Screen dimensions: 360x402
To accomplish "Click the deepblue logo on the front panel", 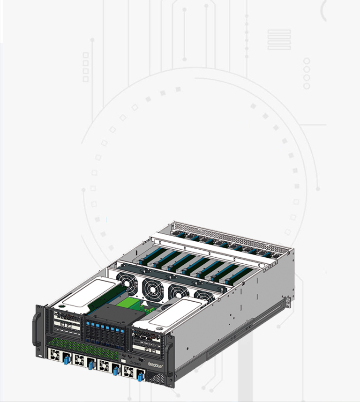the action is pyautogui.click(x=155, y=365).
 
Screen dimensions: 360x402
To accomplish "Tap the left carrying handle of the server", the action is pyautogui.click(x=37, y=329).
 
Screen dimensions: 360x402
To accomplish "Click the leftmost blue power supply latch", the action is pyautogui.click(x=67, y=359).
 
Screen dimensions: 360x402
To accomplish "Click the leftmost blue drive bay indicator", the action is pyautogui.click(x=88, y=324).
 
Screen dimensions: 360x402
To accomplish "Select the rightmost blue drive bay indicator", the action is pyautogui.click(x=122, y=332).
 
